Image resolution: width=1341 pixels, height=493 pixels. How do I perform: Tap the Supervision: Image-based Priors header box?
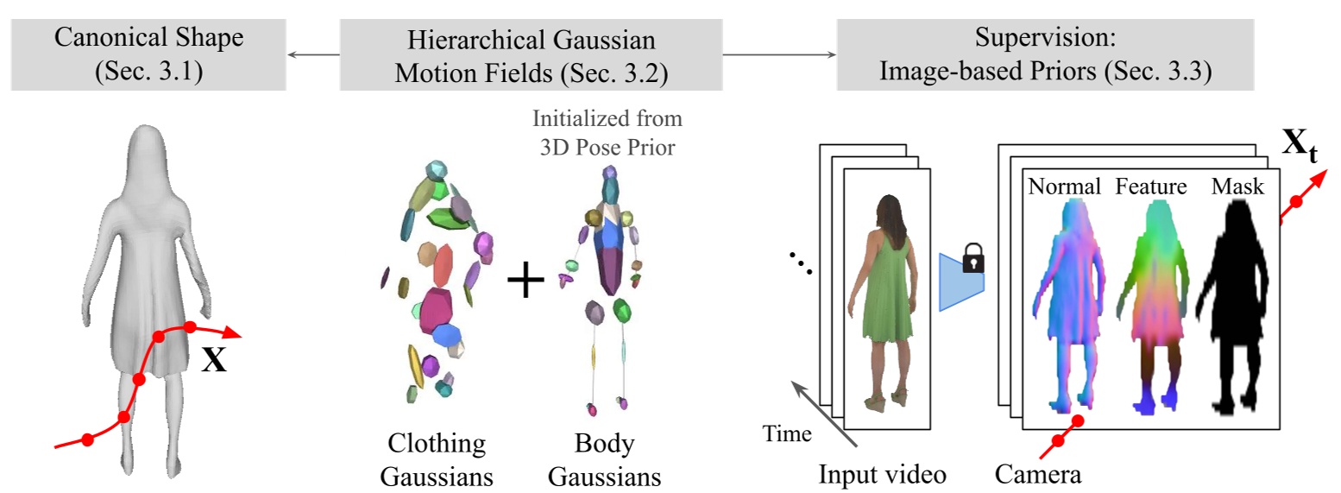coord(1044,54)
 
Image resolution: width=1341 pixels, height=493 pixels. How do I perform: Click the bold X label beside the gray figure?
coord(214,359)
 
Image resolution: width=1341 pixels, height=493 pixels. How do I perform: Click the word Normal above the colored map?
coord(1063,186)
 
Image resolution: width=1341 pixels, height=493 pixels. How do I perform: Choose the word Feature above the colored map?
coord(1151,186)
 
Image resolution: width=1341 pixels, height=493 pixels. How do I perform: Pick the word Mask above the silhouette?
coord(1237,186)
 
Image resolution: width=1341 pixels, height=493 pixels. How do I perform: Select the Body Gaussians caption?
coord(604,459)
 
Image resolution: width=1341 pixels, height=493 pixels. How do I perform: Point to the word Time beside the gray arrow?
coord(787,433)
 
